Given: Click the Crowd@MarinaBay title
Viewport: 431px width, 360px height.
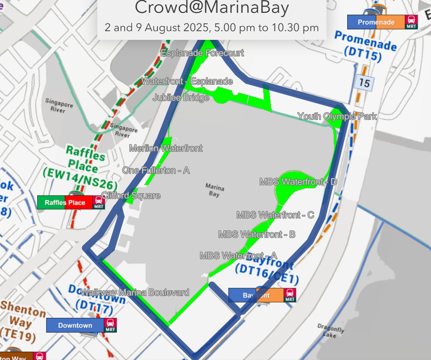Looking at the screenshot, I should tap(212, 8).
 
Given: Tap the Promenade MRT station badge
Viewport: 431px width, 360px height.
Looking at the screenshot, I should tap(382, 22).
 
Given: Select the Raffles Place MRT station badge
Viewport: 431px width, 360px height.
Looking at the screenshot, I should tap(71, 202).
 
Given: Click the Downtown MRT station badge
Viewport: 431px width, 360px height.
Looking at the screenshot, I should tap(82, 325).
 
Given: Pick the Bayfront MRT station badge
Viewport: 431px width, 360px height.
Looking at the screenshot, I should tap(262, 295).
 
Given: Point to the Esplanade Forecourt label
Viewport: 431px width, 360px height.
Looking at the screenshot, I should tap(202, 53).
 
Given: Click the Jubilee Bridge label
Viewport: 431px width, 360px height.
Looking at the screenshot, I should tap(181, 98).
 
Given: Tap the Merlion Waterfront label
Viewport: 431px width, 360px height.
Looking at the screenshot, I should tap(166, 148).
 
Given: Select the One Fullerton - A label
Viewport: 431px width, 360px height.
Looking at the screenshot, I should tap(156, 170).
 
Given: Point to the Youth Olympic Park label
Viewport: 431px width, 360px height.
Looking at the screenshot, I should tap(337, 116).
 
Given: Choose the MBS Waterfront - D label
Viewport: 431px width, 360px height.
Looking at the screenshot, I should tap(298, 182).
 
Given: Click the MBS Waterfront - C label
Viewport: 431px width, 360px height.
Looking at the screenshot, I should tap(275, 215).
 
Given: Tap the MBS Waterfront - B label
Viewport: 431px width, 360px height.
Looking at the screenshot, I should tap(257, 235).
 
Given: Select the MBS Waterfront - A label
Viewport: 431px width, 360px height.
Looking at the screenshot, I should tap(238, 256).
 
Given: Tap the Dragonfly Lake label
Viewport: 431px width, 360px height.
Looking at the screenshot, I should tap(331, 330).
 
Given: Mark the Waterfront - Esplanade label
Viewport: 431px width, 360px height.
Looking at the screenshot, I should tap(187, 82).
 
